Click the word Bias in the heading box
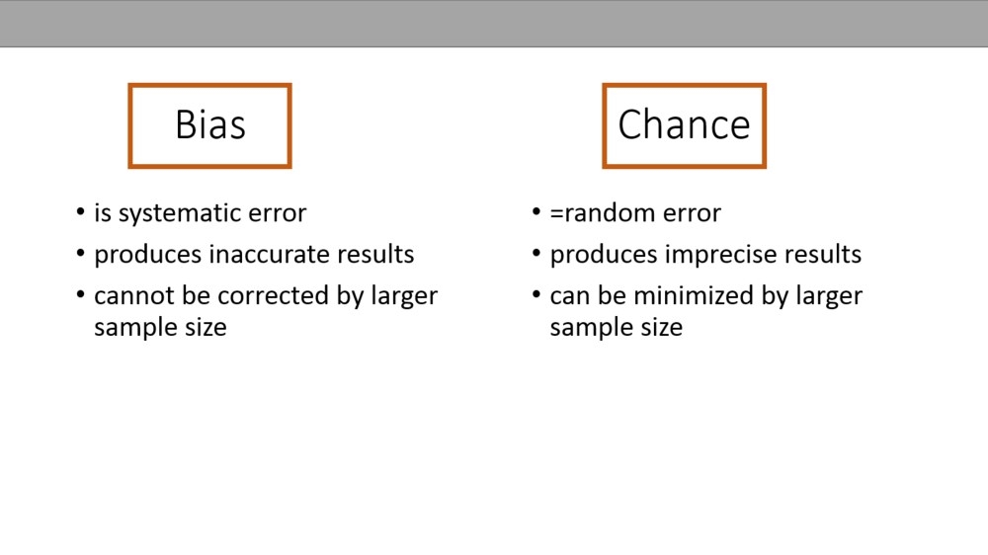[x=210, y=124]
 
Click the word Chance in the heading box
[x=685, y=124]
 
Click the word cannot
[x=133, y=296]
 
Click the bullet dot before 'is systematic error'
[x=81, y=211]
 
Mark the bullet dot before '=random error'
[x=536, y=211]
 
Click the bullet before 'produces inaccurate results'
[x=81, y=253]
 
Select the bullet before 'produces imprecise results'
[x=536, y=253]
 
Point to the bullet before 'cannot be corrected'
[x=81, y=294]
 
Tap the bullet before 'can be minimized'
[x=536, y=294]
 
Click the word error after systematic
[x=278, y=214]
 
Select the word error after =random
[x=692, y=214]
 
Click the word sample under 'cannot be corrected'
[x=136, y=328]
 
